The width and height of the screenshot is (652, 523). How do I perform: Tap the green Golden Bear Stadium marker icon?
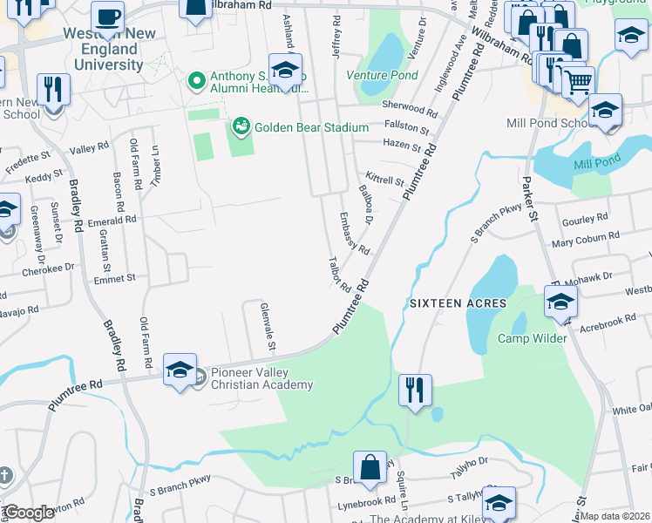(x=239, y=127)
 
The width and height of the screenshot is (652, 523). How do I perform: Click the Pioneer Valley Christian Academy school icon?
(x=180, y=369)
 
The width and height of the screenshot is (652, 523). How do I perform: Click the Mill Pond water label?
(x=596, y=163)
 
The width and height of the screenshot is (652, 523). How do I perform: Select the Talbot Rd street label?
(x=338, y=275)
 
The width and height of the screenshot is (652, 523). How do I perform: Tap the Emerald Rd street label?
(x=112, y=221)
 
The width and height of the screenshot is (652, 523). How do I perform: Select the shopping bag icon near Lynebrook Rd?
(x=370, y=466)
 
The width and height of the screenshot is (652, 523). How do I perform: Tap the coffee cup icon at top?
(x=107, y=17)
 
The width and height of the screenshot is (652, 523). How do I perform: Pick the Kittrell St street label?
(x=384, y=179)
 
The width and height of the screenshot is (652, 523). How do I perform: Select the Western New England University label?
(x=103, y=51)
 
